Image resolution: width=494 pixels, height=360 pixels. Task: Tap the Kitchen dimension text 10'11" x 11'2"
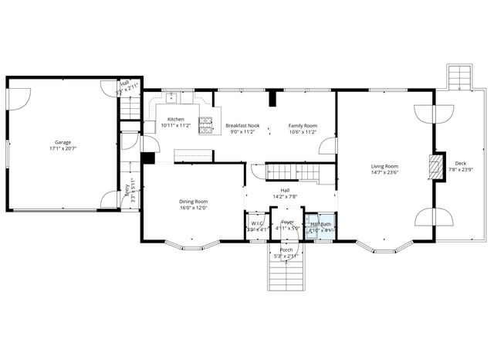[176, 125]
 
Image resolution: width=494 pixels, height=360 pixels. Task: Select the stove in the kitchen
[206, 124]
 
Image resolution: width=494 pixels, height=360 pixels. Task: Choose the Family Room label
[303, 125]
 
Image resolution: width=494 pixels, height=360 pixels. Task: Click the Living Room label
[384, 166]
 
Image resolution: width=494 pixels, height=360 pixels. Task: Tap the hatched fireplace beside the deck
[437, 168]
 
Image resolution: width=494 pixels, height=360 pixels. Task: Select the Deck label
[460, 163]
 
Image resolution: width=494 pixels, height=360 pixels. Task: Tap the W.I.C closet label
[255, 224]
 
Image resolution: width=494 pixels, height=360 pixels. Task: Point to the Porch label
[286, 250]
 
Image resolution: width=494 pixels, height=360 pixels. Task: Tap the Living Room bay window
[384, 246]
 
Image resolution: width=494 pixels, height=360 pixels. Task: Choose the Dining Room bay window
[193, 246]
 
